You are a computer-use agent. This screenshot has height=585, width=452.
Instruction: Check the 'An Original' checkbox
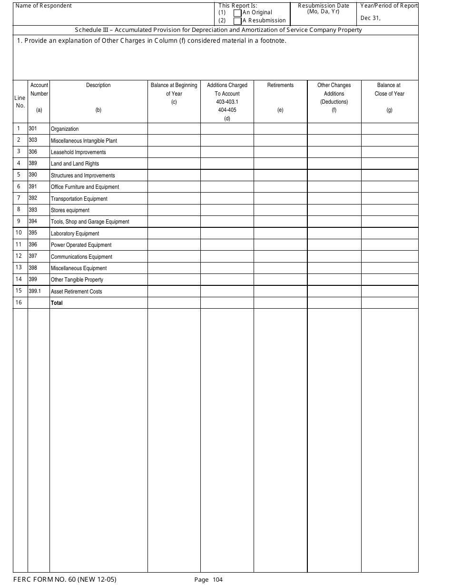(237, 13)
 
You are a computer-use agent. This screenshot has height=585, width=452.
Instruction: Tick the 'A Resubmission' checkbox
(237, 21)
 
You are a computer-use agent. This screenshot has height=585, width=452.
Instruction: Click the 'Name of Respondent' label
(44, 6)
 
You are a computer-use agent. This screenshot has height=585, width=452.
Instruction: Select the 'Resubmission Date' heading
(323, 6)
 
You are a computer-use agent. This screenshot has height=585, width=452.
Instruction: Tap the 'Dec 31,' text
(371, 19)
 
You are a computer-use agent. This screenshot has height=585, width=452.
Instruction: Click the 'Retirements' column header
(280, 85)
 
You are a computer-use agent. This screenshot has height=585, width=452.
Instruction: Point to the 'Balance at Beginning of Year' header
(174, 89)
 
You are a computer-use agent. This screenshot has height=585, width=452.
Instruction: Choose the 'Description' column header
(98, 85)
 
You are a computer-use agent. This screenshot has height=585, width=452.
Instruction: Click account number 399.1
(35, 291)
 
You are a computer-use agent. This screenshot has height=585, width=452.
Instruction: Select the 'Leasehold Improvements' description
(78, 152)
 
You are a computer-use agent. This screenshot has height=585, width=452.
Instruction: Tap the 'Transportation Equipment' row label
(79, 199)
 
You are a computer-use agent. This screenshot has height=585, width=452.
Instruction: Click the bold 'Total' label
(57, 303)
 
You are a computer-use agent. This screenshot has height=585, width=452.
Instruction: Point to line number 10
(19, 233)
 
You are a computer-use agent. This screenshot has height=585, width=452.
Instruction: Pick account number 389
(33, 163)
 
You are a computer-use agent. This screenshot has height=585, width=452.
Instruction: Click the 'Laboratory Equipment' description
(75, 234)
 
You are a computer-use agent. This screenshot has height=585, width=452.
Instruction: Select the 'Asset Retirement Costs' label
(76, 292)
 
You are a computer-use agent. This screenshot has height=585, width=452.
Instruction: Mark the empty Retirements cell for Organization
(280, 128)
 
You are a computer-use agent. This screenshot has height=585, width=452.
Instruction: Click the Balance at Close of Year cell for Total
(390, 303)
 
